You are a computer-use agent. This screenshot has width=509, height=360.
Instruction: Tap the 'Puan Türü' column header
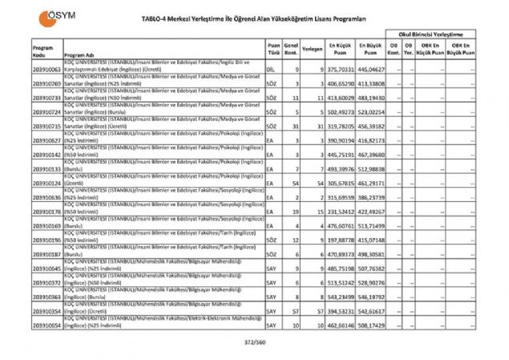[274, 51]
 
